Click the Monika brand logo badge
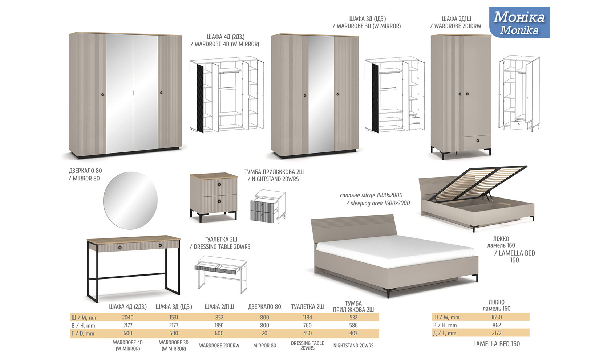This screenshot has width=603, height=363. (x=519, y=23)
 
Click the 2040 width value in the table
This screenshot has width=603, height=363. (x=128, y=318)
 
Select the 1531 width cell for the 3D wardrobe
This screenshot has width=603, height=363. (x=174, y=318)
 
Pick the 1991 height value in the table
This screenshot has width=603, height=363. (x=219, y=325)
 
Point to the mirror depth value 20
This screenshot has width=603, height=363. (x=264, y=333)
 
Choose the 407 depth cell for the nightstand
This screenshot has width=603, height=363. (x=353, y=333)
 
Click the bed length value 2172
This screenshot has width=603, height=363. (x=497, y=333)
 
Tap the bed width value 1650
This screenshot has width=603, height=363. (x=497, y=317)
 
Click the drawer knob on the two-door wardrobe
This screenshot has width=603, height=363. (x=478, y=140)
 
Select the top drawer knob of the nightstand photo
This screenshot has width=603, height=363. (x=219, y=185)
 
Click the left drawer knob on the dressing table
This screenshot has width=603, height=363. (x=120, y=248)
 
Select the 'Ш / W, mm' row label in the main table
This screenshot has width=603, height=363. (x=84, y=318)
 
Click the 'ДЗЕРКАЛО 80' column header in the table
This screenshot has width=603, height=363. (x=264, y=307)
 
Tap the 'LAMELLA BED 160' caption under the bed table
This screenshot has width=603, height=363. (x=497, y=344)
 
